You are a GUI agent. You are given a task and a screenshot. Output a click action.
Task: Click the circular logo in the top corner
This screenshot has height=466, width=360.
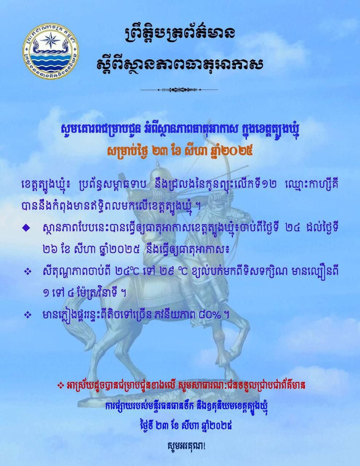point(51,51)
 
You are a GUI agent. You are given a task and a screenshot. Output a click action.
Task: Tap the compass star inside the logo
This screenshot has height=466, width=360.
point(51,40)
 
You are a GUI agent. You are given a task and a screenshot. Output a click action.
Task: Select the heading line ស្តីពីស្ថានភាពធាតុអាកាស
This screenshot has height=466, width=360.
point(180,63)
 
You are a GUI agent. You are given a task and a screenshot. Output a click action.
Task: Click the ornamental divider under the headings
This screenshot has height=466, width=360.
point(179,90)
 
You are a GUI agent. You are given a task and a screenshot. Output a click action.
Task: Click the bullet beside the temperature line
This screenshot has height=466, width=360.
point(28,272)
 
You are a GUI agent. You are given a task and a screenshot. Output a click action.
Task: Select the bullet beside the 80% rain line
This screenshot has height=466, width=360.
point(28,315)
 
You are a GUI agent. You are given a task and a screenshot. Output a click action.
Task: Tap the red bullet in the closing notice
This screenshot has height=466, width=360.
point(61,386)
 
